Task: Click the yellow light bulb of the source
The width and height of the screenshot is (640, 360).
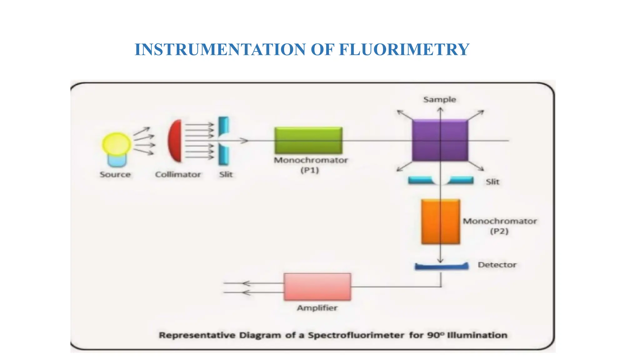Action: tap(117, 144)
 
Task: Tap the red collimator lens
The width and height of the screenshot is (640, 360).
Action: tap(175, 141)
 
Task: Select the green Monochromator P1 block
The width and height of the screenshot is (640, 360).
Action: tap(308, 140)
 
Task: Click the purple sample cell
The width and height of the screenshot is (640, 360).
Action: tap(440, 141)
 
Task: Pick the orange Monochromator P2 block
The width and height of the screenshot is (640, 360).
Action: tap(440, 222)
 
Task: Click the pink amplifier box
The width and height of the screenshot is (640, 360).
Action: tap(317, 287)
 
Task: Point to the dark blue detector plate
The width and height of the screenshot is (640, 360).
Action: tap(441, 267)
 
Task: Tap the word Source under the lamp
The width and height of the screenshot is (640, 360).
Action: tap(115, 174)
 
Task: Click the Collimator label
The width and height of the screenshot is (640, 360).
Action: tap(178, 174)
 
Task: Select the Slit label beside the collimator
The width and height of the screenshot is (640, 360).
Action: tap(226, 174)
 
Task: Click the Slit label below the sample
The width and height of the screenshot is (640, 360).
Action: tap(492, 182)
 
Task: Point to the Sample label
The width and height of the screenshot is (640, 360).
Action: tap(440, 100)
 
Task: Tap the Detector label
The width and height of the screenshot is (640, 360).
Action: tap(497, 265)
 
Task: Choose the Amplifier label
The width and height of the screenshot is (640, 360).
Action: tap(317, 308)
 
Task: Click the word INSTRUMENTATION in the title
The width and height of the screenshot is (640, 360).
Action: tap(220, 49)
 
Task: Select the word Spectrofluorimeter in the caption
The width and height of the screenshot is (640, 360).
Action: tap(356, 335)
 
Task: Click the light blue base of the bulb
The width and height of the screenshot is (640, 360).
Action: tap(117, 161)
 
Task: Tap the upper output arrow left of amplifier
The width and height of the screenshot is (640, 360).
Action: tap(247, 283)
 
